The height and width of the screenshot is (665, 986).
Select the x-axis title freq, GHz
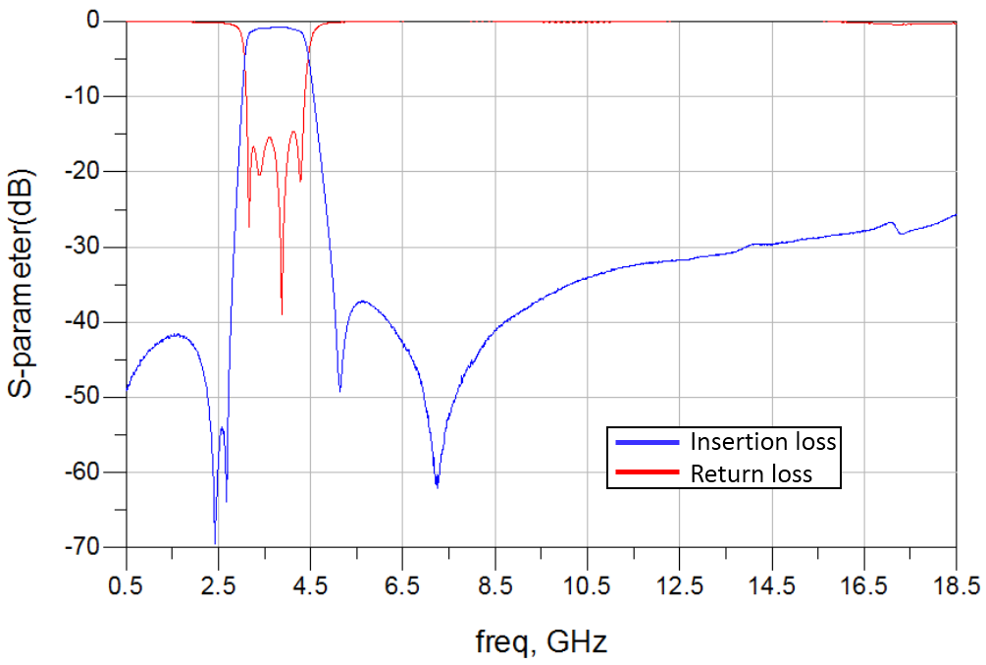(x=542, y=643)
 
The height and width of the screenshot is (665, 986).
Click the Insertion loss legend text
(x=763, y=441)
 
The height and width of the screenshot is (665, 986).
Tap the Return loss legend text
(x=752, y=474)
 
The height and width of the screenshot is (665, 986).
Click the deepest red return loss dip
(x=282, y=312)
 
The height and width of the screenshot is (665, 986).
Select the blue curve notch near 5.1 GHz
(x=339, y=390)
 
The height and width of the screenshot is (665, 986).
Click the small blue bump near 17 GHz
(x=891, y=223)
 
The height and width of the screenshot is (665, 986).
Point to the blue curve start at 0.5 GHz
(x=128, y=389)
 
